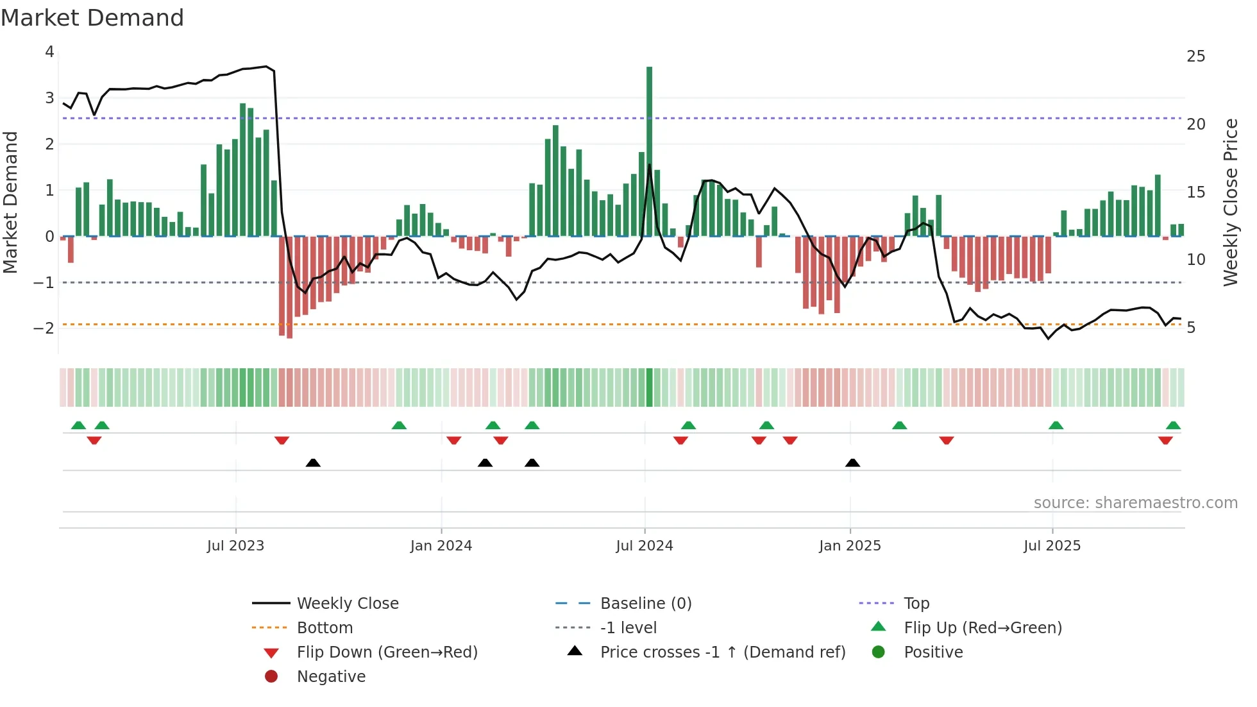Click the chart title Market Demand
pyautogui.click(x=92, y=18)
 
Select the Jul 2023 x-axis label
pyautogui.click(x=235, y=546)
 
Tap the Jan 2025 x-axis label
pyautogui.click(x=850, y=546)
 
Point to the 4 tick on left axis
pyautogui.click(x=49, y=52)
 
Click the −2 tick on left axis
pyautogui.click(x=44, y=328)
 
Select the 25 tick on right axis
pyautogui.click(x=1195, y=56)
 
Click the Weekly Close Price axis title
pyautogui.click(x=1230, y=202)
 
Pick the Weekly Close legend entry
pyautogui.click(x=348, y=604)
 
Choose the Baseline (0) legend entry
pyautogui.click(x=645, y=604)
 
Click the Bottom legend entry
pyautogui.click(x=325, y=628)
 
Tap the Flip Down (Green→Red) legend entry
pyautogui.click(x=387, y=652)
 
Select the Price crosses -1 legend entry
pyautogui.click(x=722, y=652)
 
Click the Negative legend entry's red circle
pyautogui.click(x=271, y=677)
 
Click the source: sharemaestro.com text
pyautogui.click(x=1135, y=503)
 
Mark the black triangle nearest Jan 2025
pyautogui.click(x=852, y=463)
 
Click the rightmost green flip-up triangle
pyautogui.click(x=1173, y=425)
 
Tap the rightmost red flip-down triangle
pyautogui.click(x=1165, y=440)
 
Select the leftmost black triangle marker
pyautogui.click(x=313, y=463)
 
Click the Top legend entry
pyautogui.click(x=916, y=604)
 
